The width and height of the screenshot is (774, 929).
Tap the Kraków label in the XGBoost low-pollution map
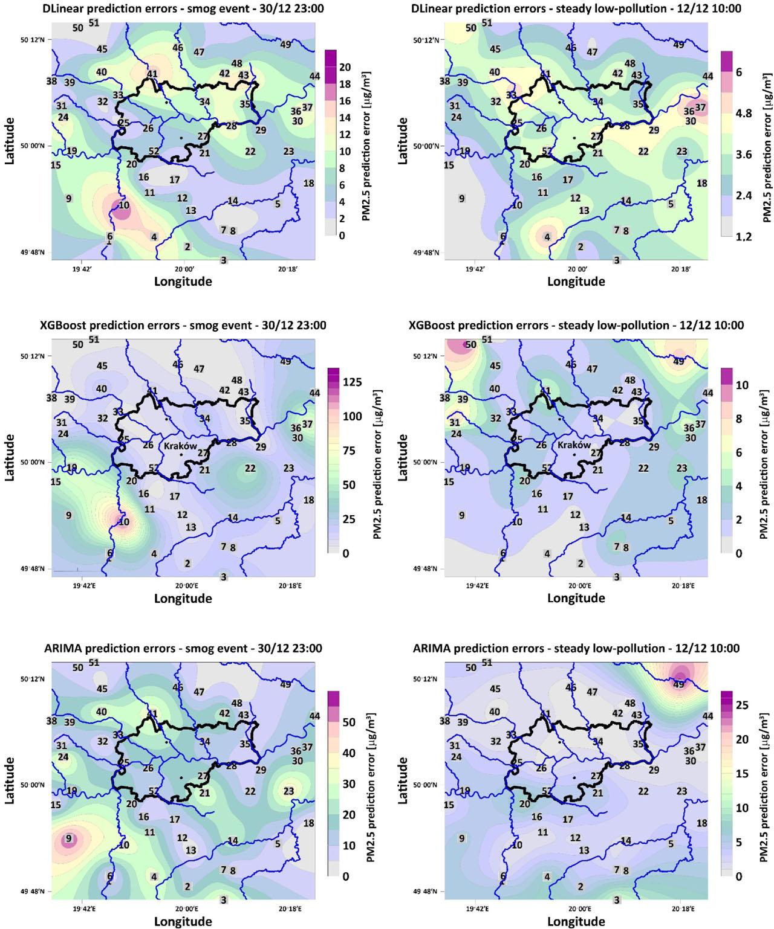pos(574,445)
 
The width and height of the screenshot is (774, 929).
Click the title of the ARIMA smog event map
pos(183,648)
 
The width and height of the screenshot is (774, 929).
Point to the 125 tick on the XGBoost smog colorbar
pos(352,382)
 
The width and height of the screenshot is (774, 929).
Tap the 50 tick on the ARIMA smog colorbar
pos(349,722)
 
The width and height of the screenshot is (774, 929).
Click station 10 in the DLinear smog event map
pos(123,205)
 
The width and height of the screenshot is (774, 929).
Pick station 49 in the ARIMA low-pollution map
pos(679,684)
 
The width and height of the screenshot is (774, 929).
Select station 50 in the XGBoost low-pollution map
pos(471,344)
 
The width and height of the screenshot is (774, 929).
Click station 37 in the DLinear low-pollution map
pos(700,108)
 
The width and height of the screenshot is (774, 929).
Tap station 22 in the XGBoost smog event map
pos(250,468)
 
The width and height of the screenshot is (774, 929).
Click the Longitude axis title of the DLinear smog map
pos(183,281)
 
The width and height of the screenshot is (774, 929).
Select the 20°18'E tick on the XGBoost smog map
pos(291,585)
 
